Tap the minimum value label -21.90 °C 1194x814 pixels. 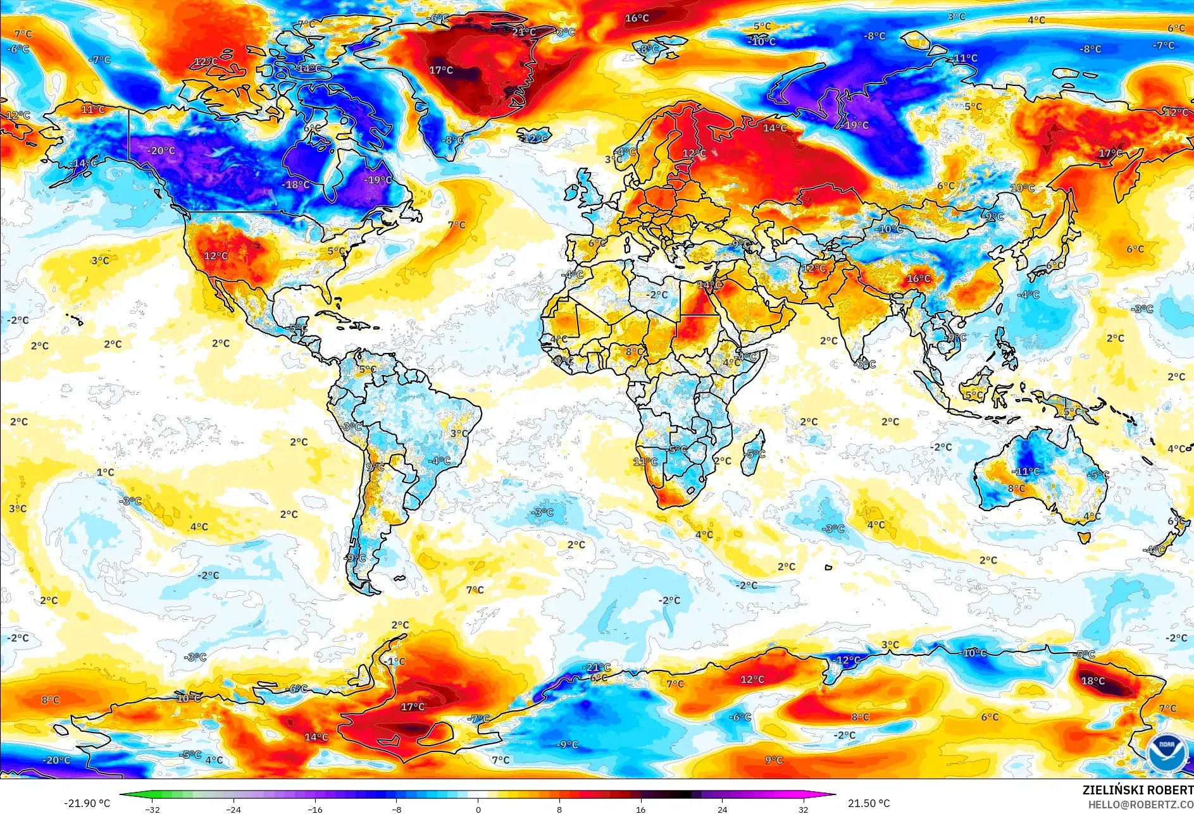coord(87,803)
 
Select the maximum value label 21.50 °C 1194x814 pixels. coord(869,803)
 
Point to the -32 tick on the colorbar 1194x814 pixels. coord(152,809)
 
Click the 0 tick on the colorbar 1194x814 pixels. coord(478,809)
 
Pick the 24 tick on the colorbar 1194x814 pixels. coord(723,809)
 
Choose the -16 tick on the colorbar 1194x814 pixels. coord(315,809)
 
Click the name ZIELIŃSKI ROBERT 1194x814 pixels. coord(1138,790)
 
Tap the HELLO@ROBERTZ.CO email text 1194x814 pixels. coord(1140,804)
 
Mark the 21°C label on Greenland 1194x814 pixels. coord(524,32)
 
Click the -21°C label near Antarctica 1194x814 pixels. coord(597,667)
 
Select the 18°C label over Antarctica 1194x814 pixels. coord(1093,681)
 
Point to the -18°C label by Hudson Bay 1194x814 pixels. coord(296,185)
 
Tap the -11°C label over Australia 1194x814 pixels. coord(1026,471)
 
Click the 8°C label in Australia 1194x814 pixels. coord(1016,488)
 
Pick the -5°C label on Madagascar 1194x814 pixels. coord(756,454)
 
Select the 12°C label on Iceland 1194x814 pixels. coord(535,139)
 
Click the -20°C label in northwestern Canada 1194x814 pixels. coord(161,151)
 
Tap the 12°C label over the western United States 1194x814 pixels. coord(216,256)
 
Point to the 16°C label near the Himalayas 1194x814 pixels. coord(919,279)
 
